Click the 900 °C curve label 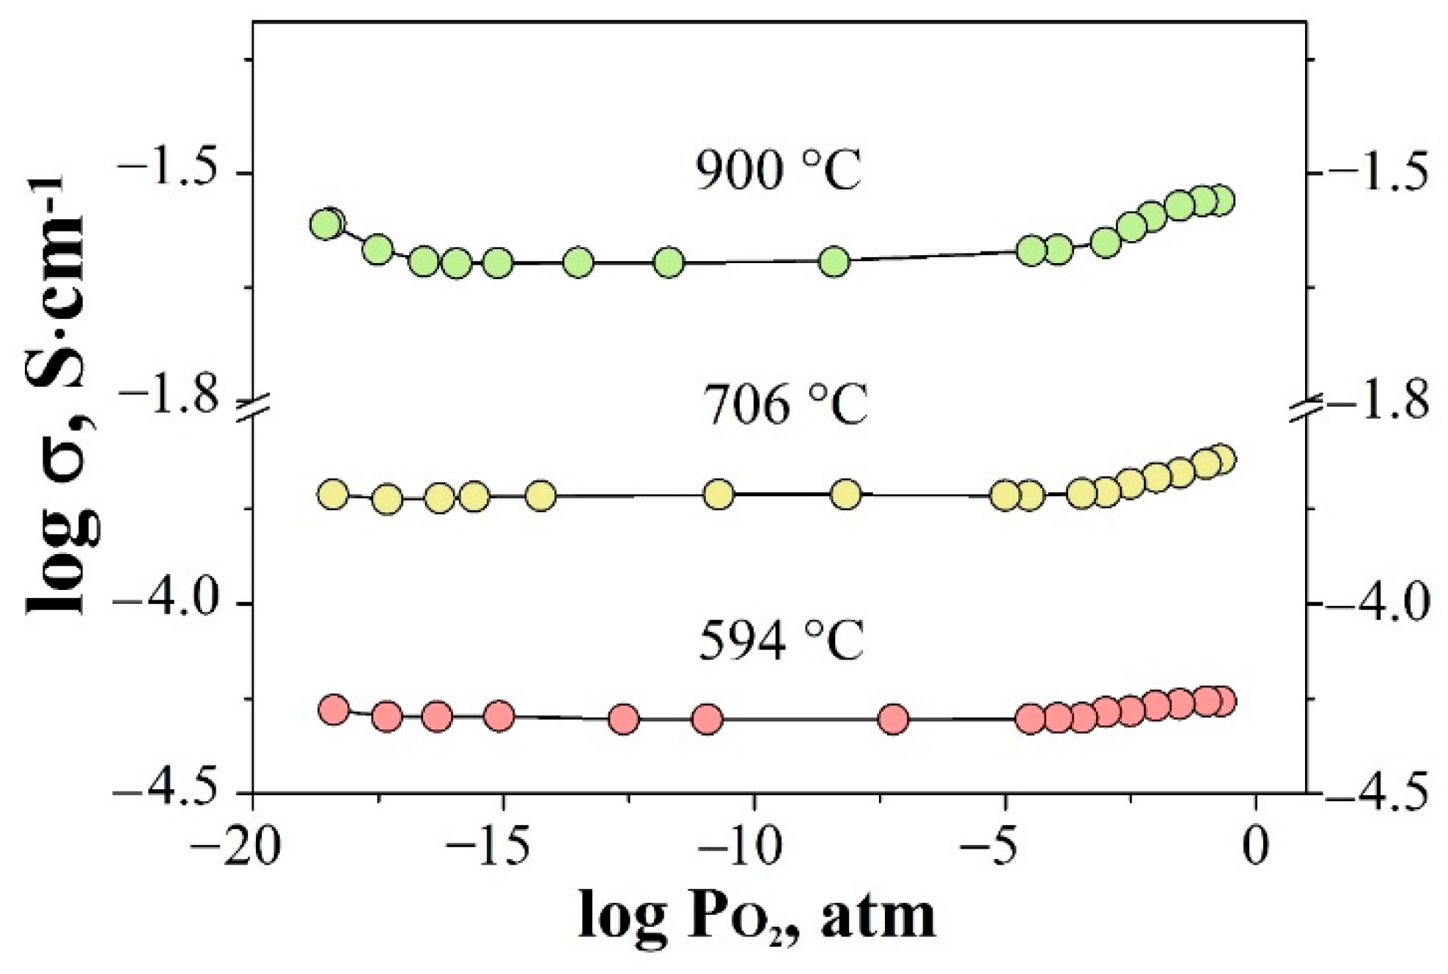click(x=778, y=174)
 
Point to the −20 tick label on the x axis click(x=235, y=846)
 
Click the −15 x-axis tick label click(x=486, y=846)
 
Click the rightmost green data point click(x=1221, y=200)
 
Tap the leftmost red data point click(x=334, y=709)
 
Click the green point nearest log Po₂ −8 click(x=834, y=261)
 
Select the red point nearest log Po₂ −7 click(x=894, y=720)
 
